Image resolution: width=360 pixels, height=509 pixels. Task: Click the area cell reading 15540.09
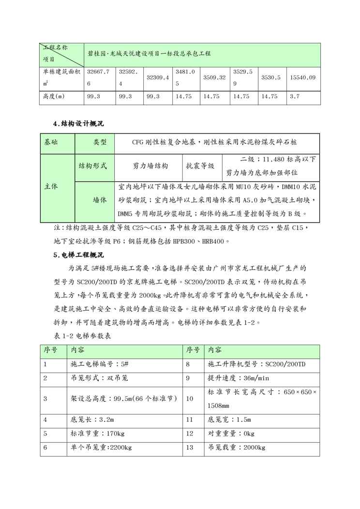[x=302, y=77]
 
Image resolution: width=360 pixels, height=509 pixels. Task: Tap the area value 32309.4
[x=158, y=77]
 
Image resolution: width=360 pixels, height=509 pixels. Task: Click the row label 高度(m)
[x=54, y=97]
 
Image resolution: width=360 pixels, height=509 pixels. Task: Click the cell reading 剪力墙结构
[x=150, y=166]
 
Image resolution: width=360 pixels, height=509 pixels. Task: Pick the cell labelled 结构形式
[x=93, y=166]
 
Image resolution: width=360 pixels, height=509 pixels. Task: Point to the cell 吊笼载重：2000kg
[x=236, y=448]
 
